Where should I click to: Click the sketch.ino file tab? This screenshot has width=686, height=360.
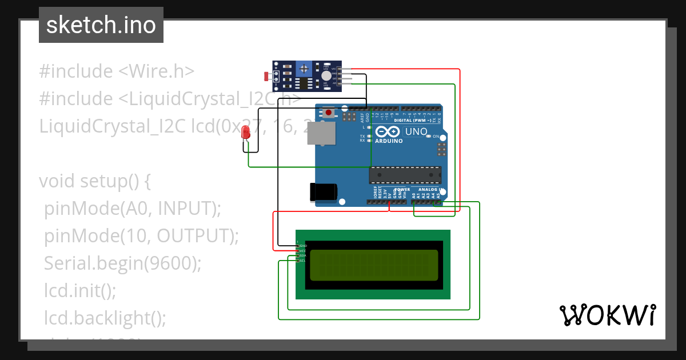[x=101, y=25]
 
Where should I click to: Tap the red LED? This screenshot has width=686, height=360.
[x=246, y=134]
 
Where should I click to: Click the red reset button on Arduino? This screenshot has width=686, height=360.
[x=329, y=113]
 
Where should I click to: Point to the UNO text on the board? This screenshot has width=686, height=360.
[x=416, y=131]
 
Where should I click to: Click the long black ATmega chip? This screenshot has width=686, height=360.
[x=405, y=175]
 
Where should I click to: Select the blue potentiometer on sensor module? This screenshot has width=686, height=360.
[x=304, y=69]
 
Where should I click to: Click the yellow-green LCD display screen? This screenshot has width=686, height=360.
[x=374, y=265]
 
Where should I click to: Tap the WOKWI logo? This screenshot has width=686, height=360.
[x=607, y=315]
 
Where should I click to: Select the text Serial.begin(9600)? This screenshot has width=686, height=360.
[x=123, y=263]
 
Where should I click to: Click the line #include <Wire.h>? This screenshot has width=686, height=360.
[x=117, y=71]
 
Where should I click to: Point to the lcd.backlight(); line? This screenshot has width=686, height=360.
[x=105, y=318]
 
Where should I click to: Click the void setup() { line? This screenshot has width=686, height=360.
[x=94, y=181]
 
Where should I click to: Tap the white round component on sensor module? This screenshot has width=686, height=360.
[x=326, y=75]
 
